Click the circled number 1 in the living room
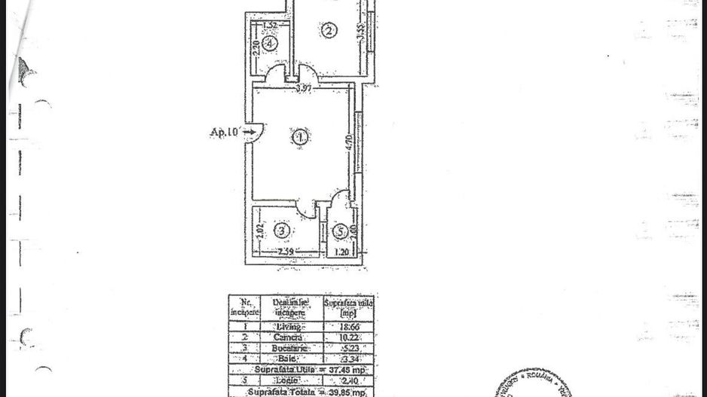301,137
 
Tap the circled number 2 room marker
328,31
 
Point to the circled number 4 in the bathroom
270,43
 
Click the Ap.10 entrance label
225,133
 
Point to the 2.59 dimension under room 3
285,252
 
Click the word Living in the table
290,326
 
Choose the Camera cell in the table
290,338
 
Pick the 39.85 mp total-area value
347,392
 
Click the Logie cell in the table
290,382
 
